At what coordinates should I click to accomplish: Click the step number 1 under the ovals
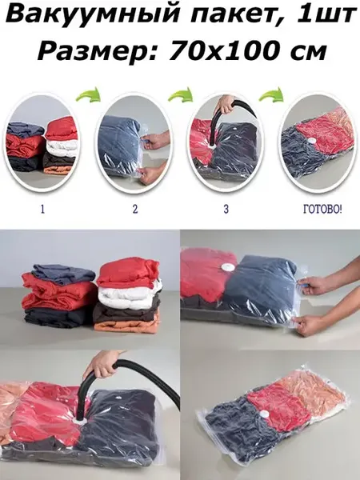pos(42,209)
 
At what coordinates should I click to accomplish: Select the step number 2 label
pos(135,209)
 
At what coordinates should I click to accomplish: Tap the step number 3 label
pos(226,209)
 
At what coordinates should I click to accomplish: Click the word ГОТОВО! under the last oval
pos(322,210)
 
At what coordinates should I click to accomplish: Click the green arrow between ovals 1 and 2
pos(88,94)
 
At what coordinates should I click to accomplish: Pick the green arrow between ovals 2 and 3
pos(181,94)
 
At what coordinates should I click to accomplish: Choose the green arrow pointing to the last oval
pos(271,94)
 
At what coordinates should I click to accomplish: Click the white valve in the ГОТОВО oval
pos(312,141)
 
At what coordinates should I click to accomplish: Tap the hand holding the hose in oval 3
pos(226,105)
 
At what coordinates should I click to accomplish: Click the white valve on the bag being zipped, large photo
pos(228,267)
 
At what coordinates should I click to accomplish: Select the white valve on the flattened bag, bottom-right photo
pos(263,414)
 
